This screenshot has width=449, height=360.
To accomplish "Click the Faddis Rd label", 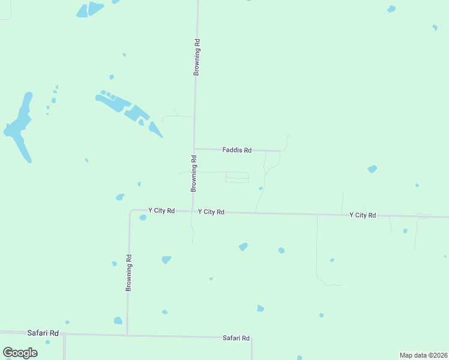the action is click(x=237, y=150).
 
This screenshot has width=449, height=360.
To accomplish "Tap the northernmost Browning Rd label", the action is click(x=196, y=58).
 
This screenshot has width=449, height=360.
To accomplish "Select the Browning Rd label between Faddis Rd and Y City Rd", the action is click(x=194, y=173).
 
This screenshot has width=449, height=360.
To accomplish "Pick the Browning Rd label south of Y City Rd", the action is click(x=128, y=272).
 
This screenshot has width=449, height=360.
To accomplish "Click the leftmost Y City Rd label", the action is click(x=161, y=211).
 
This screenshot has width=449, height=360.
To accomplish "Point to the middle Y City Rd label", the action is click(x=211, y=212).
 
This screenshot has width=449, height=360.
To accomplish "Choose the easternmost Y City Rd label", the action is click(x=363, y=215).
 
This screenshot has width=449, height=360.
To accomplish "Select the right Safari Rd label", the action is click(x=236, y=338).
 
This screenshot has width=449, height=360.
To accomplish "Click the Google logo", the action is click(x=20, y=352).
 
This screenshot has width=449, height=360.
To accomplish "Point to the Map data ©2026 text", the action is click(x=423, y=355).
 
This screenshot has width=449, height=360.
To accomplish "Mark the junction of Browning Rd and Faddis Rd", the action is click(x=194, y=149).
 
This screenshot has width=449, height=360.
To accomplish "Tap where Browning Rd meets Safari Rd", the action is click(x=127, y=335).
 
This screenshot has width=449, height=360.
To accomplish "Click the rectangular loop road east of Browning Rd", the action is click(x=237, y=178).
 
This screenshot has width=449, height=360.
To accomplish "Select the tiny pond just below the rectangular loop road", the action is click(x=261, y=188).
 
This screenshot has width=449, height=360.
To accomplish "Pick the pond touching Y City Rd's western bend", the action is click(x=143, y=217).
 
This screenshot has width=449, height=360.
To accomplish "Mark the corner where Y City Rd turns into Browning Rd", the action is click(x=131, y=211).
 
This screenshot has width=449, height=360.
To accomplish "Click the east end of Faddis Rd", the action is click(x=280, y=151).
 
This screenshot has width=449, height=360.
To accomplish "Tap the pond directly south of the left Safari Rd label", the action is click(x=47, y=342).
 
